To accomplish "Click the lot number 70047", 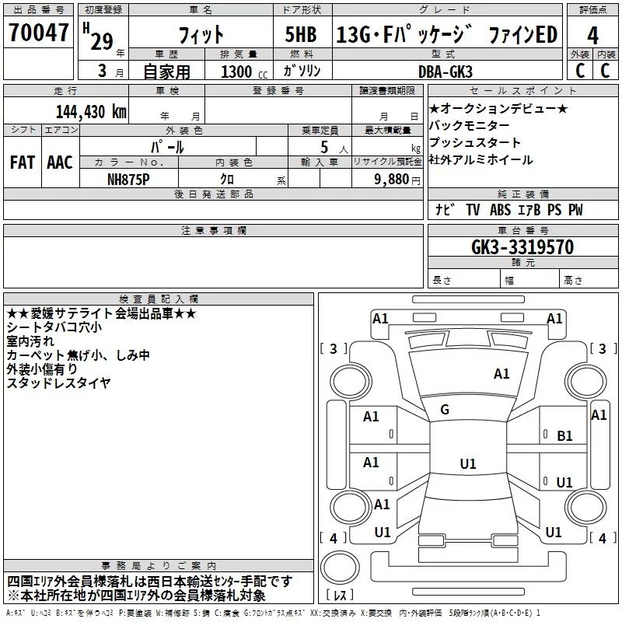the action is (x=38, y=32).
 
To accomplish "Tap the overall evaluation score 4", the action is (x=592, y=36).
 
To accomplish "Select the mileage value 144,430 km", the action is (x=91, y=111).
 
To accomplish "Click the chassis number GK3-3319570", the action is (x=522, y=247).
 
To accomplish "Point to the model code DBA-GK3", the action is (x=446, y=72).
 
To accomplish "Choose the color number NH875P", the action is (x=128, y=180).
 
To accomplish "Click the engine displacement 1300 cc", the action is (x=244, y=72).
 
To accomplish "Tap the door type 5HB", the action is (x=301, y=34).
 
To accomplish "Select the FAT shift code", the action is (x=23, y=162).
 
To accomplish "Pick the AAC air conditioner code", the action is (x=60, y=162).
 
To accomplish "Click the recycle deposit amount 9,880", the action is (x=392, y=180).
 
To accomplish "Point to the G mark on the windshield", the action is (x=445, y=410).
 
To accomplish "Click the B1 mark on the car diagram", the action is (x=564, y=436).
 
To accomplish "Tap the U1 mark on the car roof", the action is (x=468, y=463).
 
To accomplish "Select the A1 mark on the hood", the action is (x=501, y=374).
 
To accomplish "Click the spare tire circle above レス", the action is (x=340, y=568).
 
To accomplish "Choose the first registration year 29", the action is (x=102, y=41).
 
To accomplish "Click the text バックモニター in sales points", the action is (x=470, y=126).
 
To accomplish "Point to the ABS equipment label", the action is (x=500, y=209).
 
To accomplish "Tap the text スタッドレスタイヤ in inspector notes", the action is (x=59, y=383).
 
